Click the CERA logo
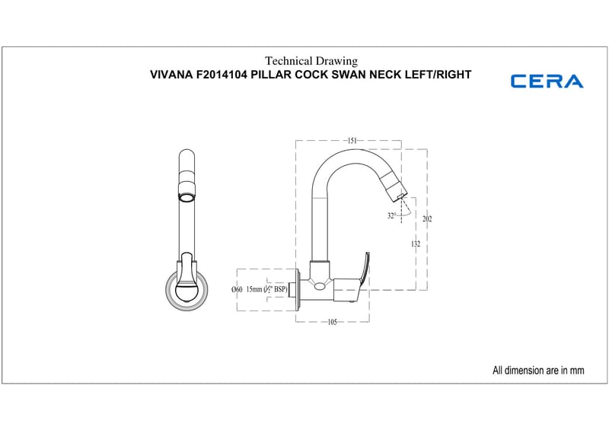547,81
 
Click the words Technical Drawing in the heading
311,61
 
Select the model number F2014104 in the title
222,75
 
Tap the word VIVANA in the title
172,75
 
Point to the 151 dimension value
352,141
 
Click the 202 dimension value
427,219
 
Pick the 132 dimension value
416,244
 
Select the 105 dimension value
333,322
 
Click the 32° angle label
391,215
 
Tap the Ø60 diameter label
237,289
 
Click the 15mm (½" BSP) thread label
267,289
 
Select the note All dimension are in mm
538,370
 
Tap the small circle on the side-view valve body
320,286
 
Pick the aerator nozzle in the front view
187,196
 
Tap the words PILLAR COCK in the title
289,75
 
